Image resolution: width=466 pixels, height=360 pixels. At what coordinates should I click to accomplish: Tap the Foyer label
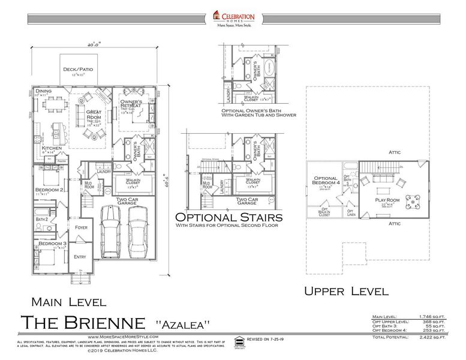pos(81,227)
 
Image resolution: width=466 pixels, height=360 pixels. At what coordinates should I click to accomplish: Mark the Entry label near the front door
pos(80,257)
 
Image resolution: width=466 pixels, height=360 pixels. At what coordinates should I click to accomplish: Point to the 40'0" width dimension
pos(92,44)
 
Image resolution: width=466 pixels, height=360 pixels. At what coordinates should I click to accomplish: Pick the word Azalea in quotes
pos(183,325)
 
